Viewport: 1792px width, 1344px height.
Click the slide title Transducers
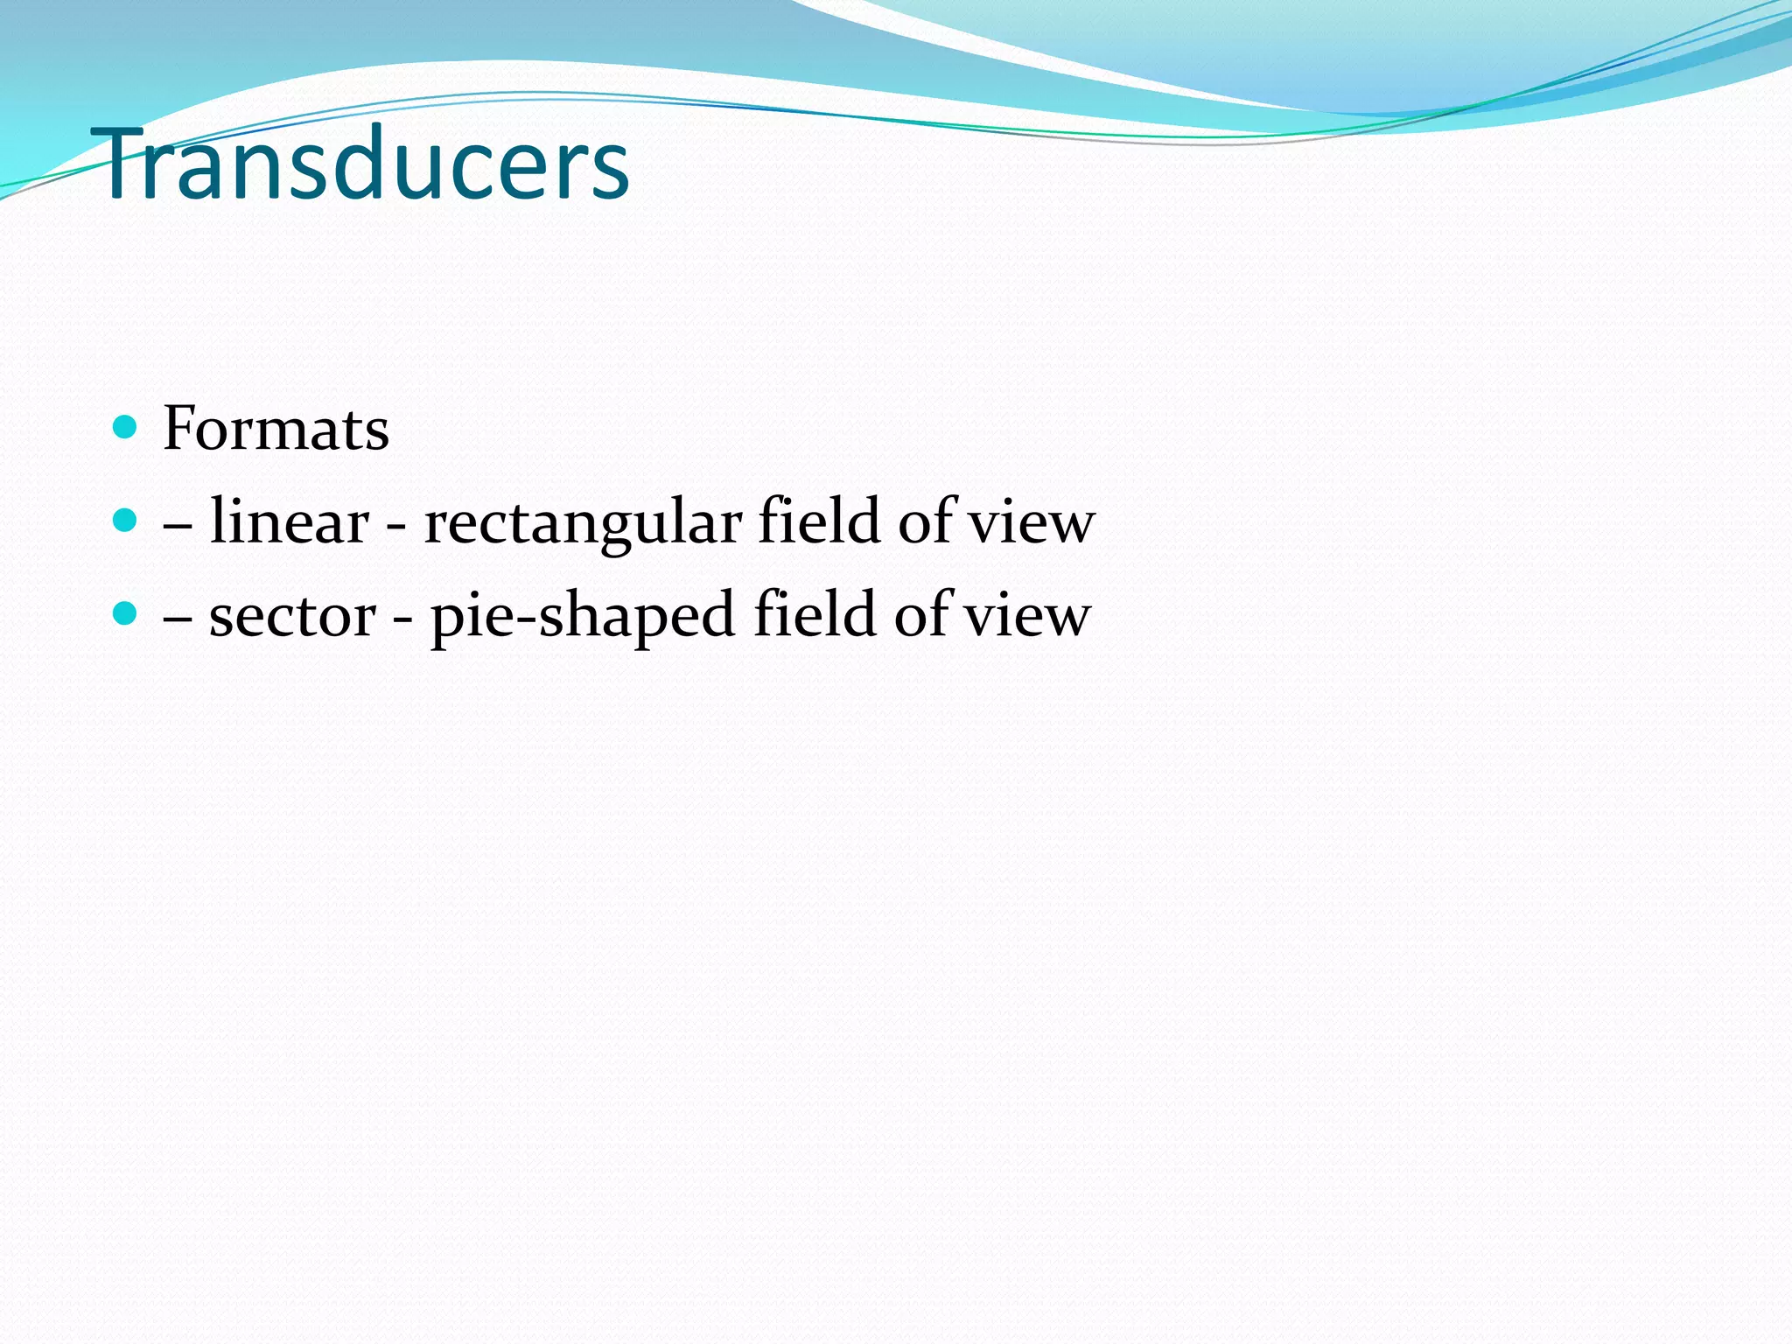point(366,164)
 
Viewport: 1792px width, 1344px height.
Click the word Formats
point(276,429)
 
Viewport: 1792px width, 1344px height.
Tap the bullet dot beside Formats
point(126,427)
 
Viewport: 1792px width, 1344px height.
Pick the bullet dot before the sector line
point(126,612)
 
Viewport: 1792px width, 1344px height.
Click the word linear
point(289,521)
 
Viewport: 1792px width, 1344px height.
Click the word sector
point(292,615)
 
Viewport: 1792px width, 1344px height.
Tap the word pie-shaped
point(582,616)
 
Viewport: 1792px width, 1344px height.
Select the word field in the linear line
point(818,521)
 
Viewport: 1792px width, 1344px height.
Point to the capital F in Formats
point(179,429)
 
